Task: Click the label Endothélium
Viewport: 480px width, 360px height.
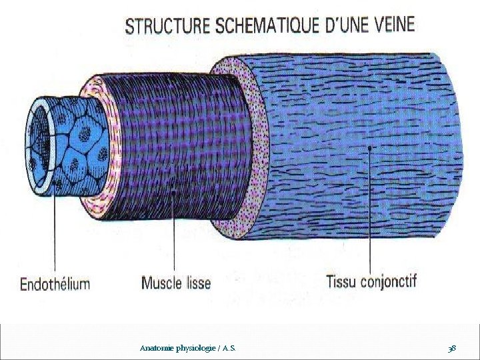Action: (55, 284)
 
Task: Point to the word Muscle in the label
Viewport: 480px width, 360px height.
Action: (162, 283)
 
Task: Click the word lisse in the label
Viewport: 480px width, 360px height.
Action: (197, 283)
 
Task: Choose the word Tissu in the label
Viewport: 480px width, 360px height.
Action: (341, 281)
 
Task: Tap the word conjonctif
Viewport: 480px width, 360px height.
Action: (389, 281)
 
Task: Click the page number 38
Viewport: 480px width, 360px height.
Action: (452, 349)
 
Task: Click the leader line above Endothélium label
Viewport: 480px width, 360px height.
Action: (55, 233)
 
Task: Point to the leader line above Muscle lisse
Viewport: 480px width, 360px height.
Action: (175, 233)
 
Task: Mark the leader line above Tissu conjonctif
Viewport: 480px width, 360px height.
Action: (370, 213)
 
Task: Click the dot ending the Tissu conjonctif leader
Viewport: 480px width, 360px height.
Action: (370, 147)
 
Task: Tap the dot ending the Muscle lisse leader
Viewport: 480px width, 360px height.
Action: (175, 191)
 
